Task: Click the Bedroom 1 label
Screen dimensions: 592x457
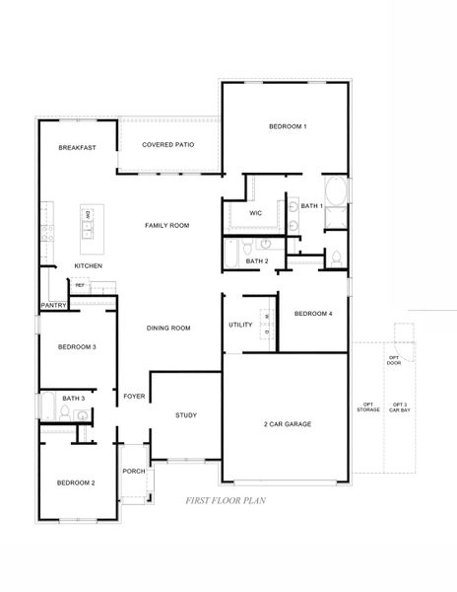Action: pyautogui.click(x=289, y=126)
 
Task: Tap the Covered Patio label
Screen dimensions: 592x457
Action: pyautogui.click(x=167, y=145)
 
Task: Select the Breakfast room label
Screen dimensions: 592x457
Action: pyautogui.click(x=77, y=148)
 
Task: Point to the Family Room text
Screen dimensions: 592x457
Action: pyautogui.click(x=167, y=226)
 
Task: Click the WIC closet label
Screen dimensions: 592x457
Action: pyautogui.click(x=255, y=212)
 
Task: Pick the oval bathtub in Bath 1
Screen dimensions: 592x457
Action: pyautogui.click(x=334, y=190)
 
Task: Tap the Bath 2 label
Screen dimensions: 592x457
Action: pyautogui.click(x=257, y=260)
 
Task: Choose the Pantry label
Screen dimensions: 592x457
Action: pyautogui.click(x=52, y=307)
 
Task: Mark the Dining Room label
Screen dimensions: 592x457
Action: pyautogui.click(x=168, y=328)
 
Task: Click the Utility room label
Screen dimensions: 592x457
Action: pyautogui.click(x=241, y=325)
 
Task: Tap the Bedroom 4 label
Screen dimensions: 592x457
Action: pyautogui.click(x=313, y=314)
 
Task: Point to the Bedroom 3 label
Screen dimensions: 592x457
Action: pyautogui.click(x=77, y=347)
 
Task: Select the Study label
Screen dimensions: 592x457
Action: pyautogui.click(x=187, y=415)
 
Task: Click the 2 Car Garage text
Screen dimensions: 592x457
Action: pyautogui.click(x=288, y=423)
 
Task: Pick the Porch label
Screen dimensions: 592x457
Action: pyautogui.click(x=134, y=472)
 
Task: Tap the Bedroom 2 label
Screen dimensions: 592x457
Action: pyautogui.click(x=76, y=482)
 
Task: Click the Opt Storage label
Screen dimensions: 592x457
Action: pyautogui.click(x=369, y=407)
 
